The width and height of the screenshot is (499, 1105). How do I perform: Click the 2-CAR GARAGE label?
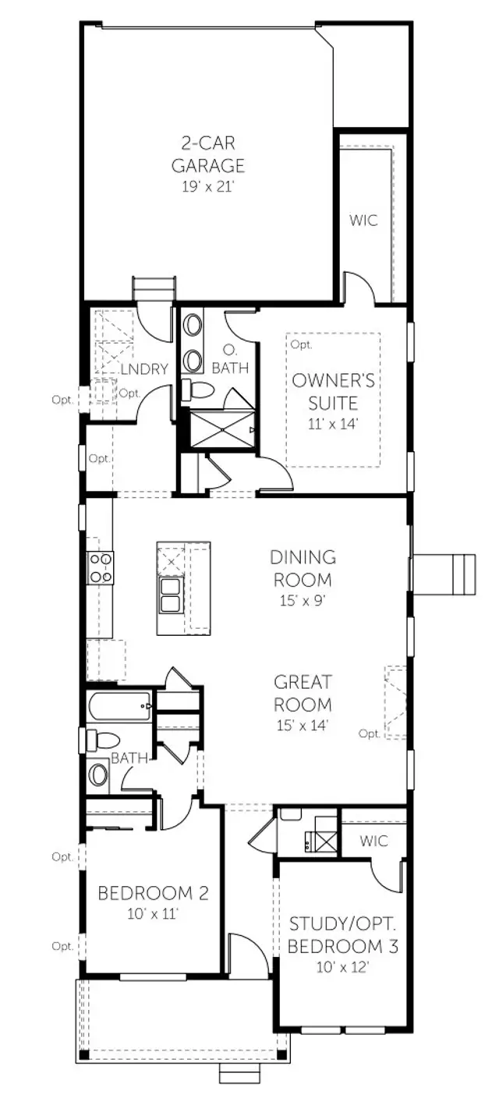207,154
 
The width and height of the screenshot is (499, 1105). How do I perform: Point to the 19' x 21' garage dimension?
207,186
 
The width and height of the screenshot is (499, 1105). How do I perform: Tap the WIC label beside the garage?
363,220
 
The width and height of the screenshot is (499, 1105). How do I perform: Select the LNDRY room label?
144,369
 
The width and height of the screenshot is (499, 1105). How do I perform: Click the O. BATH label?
230,359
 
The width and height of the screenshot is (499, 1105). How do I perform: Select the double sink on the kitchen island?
171,595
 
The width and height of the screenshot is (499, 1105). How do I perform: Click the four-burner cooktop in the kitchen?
101,567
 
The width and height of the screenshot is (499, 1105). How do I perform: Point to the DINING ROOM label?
303,568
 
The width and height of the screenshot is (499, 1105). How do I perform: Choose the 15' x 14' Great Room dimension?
303,725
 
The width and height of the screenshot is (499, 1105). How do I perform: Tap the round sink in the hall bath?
99,775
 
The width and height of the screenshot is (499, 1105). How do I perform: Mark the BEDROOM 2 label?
153,892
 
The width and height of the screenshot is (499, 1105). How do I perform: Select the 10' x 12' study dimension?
343,968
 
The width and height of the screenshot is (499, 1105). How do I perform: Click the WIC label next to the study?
373,841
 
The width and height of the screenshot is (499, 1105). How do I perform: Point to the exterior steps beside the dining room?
444,575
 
